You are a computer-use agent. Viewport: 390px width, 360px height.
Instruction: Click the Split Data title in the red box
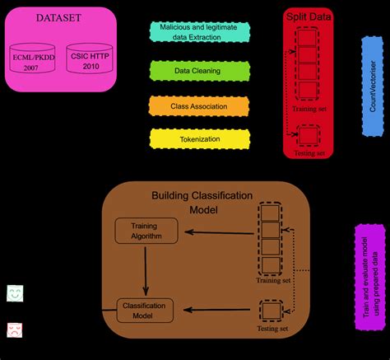(308, 16)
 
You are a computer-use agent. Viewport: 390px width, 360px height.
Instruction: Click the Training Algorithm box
(146, 231)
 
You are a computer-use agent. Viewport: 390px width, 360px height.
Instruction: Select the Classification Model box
(146, 310)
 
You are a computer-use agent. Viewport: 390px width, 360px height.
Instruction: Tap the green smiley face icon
(15, 292)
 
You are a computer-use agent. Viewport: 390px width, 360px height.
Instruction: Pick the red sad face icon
(15, 330)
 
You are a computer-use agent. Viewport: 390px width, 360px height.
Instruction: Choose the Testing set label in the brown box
(273, 329)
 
